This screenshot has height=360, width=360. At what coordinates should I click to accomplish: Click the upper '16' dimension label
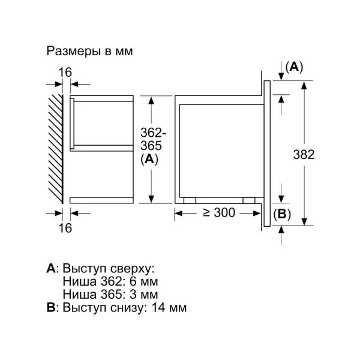65,72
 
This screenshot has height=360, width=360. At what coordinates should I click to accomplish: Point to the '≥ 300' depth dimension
218,212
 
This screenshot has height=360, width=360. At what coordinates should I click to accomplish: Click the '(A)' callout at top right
293,67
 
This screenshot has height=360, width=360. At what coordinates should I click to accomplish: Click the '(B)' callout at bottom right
282,214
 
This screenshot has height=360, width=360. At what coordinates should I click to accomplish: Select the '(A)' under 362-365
148,159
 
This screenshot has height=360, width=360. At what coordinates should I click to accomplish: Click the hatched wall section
55,147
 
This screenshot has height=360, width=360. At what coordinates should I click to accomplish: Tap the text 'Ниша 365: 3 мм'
110,295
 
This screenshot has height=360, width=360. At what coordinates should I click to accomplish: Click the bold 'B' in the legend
50,308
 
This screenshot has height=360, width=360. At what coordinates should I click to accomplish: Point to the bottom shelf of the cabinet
101,199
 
